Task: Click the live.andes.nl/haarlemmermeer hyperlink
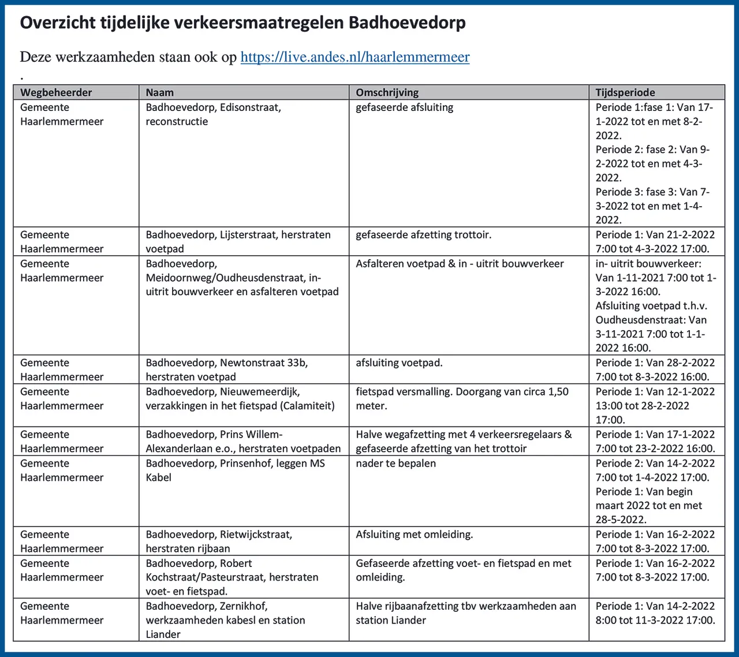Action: tap(354, 57)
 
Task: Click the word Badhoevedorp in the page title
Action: tap(407, 23)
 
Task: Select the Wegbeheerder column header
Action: tap(56, 92)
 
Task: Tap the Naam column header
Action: tap(160, 92)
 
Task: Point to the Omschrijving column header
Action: tap(387, 92)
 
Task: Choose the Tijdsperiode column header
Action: tap(625, 92)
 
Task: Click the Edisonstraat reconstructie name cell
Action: tap(213, 114)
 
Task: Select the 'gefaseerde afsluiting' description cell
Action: tap(404, 107)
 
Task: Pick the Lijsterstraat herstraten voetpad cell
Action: tap(238, 241)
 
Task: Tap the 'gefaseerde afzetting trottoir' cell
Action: tap(423, 235)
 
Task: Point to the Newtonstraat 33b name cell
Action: tap(226, 369)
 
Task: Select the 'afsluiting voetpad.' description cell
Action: tap(399, 363)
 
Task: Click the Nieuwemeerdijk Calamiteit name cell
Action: tap(240, 398)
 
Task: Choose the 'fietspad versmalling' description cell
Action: tap(462, 398)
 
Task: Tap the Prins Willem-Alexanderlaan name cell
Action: tap(243, 441)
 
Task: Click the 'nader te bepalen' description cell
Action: tap(395, 464)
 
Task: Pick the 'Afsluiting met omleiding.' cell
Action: tap(414, 535)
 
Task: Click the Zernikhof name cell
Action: tap(225, 619)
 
